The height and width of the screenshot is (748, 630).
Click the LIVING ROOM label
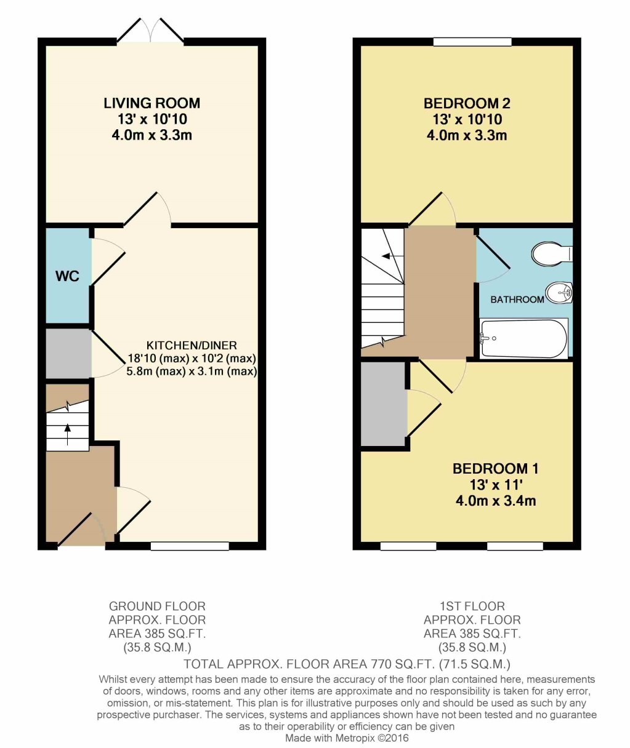tap(151, 103)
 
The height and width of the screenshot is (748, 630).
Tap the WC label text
tap(67, 276)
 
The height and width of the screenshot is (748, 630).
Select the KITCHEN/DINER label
tap(192, 345)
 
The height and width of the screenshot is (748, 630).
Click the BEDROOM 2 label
tap(467, 103)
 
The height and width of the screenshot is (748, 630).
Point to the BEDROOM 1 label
tap(495, 469)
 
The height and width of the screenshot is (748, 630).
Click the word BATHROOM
tap(517, 300)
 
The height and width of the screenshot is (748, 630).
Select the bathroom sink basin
tap(559, 293)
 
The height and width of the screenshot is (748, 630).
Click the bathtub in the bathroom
tap(524, 338)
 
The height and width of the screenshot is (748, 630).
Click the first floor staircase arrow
tap(387, 256)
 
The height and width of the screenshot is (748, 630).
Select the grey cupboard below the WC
tap(68, 354)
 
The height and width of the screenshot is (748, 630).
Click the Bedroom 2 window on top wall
tap(472, 42)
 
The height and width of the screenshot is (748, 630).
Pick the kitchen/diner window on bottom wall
tap(190, 546)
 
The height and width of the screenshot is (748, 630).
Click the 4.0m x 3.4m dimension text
tap(495, 501)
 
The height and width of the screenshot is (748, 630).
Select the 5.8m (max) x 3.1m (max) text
tap(192, 372)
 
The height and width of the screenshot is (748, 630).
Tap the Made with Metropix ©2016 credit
tap(347, 738)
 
